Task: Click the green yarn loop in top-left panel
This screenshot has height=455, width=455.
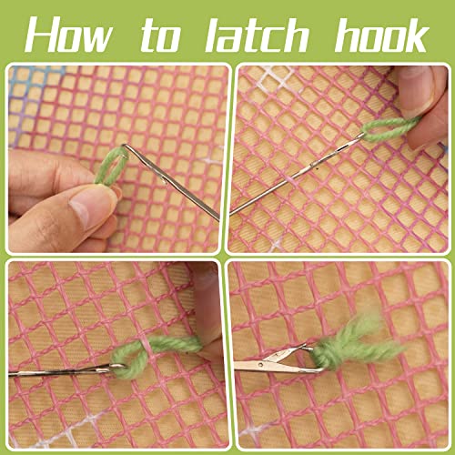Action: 110,168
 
